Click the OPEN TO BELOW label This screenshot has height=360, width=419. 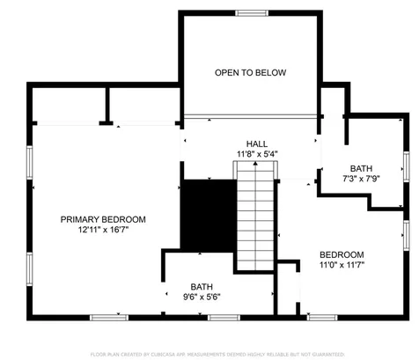point(251,72)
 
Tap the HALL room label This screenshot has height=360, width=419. point(257,143)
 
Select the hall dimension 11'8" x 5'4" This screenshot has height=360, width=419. point(257,154)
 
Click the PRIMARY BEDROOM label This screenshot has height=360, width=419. point(103,219)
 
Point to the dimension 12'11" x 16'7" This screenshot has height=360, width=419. point(103,230)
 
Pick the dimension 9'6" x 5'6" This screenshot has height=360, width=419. point(202,297)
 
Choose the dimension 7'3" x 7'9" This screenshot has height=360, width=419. point(361,179)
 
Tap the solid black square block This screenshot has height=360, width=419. point(209,215)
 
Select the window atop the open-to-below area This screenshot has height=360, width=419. point(251,12)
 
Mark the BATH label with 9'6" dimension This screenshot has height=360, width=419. point(202,286)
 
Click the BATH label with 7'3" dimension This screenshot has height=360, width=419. point(361,168)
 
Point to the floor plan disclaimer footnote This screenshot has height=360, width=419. point(209,353)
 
